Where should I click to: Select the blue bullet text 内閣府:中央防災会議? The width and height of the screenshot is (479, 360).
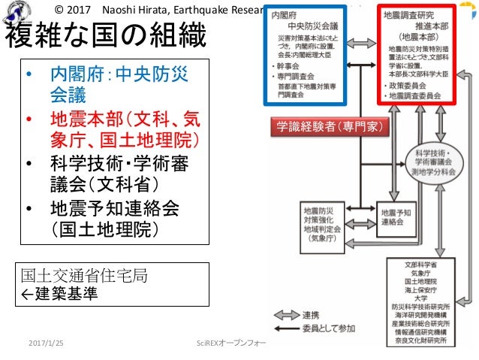[x=119, y=84]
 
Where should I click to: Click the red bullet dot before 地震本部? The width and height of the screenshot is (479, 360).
[x=29, y=119]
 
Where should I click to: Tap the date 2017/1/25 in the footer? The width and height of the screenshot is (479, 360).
[x=47, y=343]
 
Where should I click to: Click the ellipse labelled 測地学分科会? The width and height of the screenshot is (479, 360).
[x=429, y=163]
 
